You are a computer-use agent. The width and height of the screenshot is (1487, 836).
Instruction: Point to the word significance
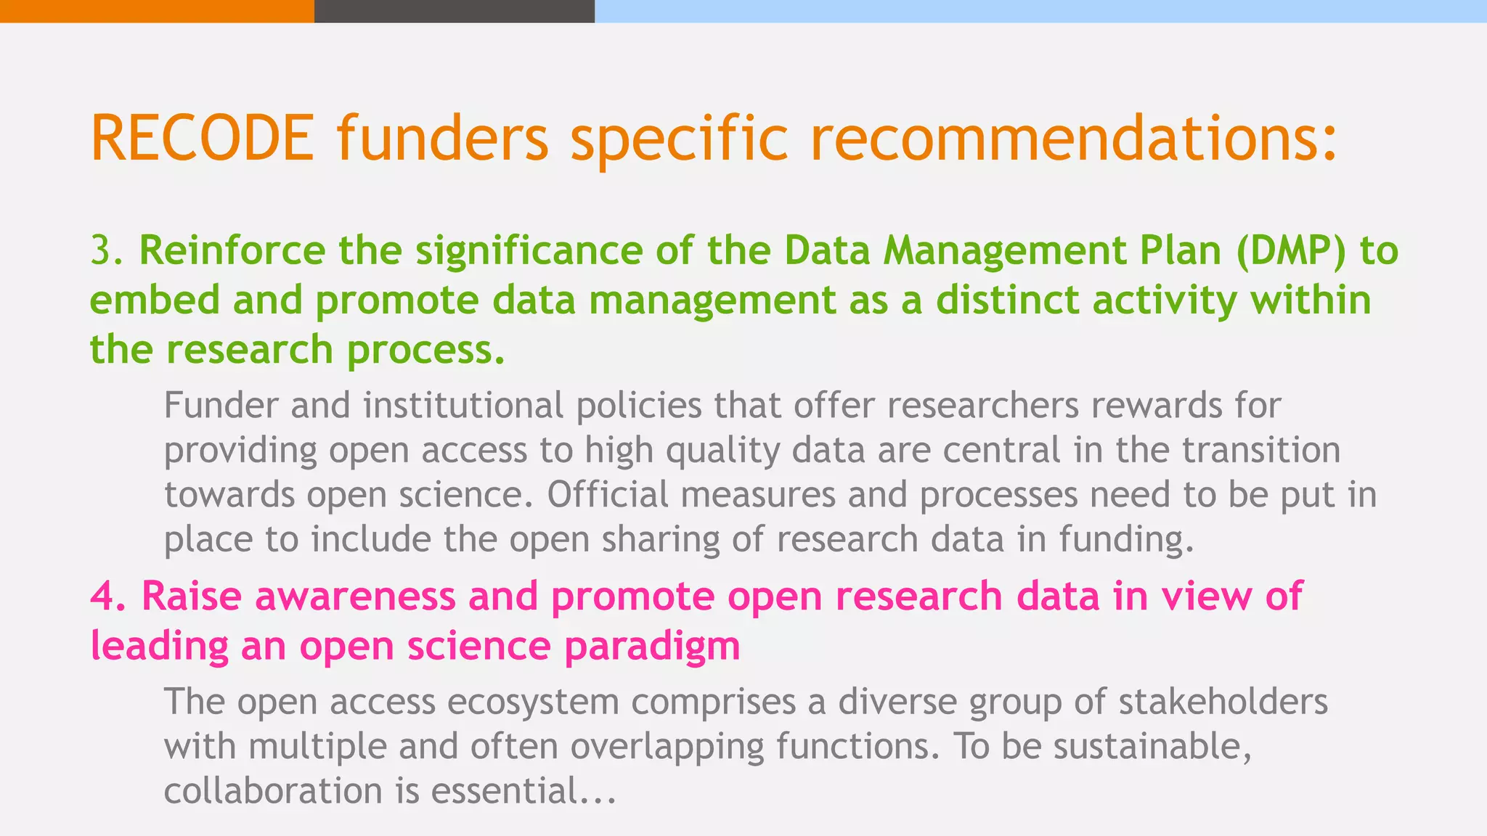point(529,250)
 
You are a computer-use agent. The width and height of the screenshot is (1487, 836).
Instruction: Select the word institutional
point(463,405)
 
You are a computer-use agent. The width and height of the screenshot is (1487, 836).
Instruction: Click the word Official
point(607,495)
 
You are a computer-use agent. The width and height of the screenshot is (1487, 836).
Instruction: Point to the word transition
point(1261,450)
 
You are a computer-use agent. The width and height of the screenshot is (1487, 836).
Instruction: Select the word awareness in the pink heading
point(355,596)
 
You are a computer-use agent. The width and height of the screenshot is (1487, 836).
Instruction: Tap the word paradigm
point(652,645)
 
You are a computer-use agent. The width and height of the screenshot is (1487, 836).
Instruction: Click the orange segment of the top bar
point(157,11)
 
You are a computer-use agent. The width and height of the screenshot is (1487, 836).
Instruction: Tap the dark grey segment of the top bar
point(454,11)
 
